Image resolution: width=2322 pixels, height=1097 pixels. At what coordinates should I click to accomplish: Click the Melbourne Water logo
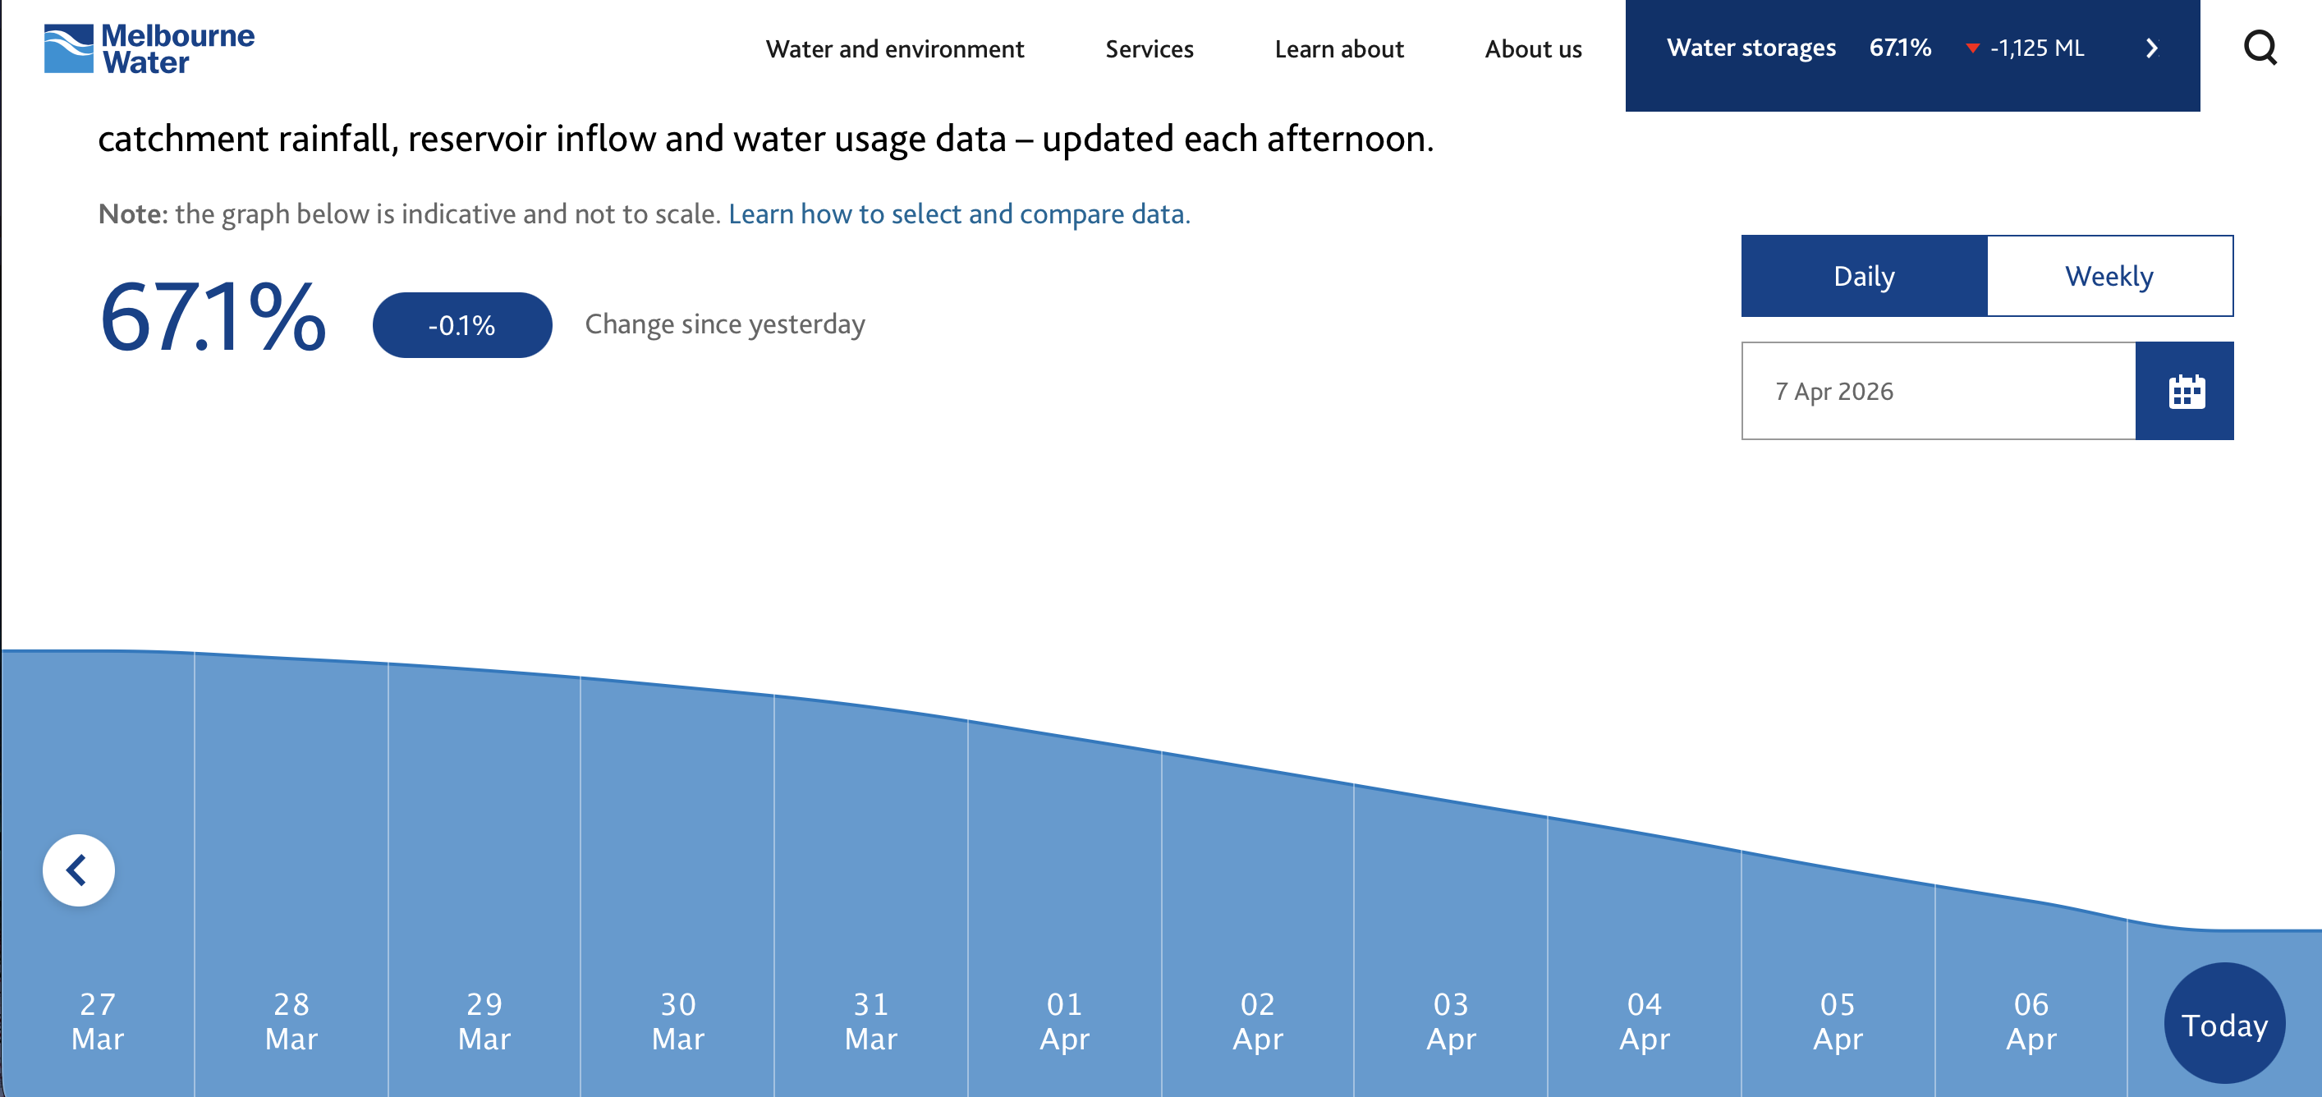tap(149, 48)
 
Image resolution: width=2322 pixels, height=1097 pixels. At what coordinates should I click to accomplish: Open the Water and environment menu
tap(895, 48)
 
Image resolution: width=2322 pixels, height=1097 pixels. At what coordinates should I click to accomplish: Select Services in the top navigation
tap(1150, 48)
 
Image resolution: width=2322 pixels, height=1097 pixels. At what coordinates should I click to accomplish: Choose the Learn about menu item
tap(1339, 48)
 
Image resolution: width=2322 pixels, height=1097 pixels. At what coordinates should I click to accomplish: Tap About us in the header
tap(1533, 48)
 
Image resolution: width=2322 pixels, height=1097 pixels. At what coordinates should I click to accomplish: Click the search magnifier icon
tap(2260, 48)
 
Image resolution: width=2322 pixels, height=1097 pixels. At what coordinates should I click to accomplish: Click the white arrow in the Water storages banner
tap(2152, 48)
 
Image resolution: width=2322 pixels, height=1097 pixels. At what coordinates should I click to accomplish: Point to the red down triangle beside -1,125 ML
tap(1972, 48)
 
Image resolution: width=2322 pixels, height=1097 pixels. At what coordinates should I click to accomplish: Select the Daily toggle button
tap(1864, 276)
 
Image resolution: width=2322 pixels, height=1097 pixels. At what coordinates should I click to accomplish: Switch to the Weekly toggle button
tap(2110, 276)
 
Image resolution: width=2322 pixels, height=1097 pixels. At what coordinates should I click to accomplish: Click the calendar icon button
tap(2185, 391)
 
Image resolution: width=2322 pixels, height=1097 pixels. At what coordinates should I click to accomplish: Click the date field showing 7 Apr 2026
tap(1938, 391)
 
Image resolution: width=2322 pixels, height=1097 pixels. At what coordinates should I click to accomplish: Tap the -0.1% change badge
tap(462, 324)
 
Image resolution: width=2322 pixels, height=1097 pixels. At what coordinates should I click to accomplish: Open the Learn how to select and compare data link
tap(959, 213)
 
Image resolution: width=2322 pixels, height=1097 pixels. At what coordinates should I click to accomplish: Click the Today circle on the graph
tap(2224, 1023)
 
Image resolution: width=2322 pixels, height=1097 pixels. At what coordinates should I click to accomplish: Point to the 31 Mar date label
tap(870, 1021)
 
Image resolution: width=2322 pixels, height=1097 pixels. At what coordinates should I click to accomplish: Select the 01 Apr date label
tap(1065, 1021)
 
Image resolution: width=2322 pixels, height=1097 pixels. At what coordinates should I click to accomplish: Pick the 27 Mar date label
tap(98, 1021)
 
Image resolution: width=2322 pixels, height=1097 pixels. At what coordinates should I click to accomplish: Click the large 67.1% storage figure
tap(213, 316)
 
